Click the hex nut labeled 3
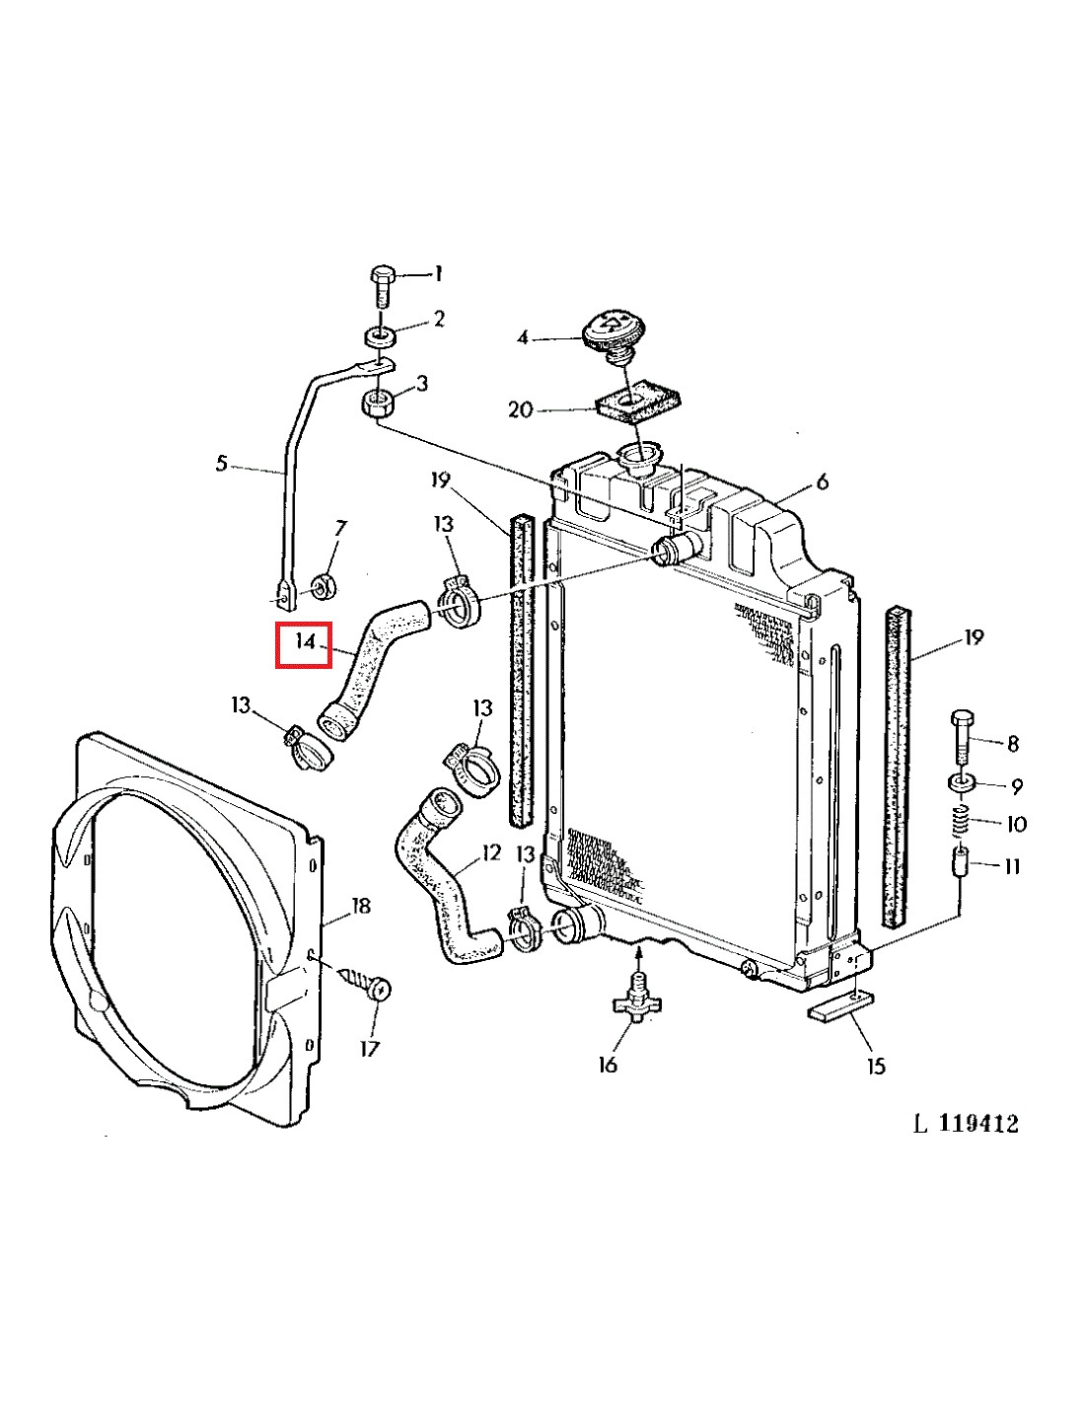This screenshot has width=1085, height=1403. (x=377, y=403)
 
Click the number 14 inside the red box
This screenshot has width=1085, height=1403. (x=305, y=641)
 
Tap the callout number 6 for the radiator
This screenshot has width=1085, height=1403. (x=822, y=481)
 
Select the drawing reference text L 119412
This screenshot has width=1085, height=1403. (x=966, y=1123)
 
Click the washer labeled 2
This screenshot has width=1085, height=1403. (x=378, y=334)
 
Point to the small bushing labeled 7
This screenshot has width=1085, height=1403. (x=323, y=589)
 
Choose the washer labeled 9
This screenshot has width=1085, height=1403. (x=962, y=784)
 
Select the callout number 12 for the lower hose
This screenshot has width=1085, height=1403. (x=491, y=851)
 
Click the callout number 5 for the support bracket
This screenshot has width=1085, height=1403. (x=222, y=463)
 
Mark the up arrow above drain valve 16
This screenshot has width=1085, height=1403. (x=638, y=953)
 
